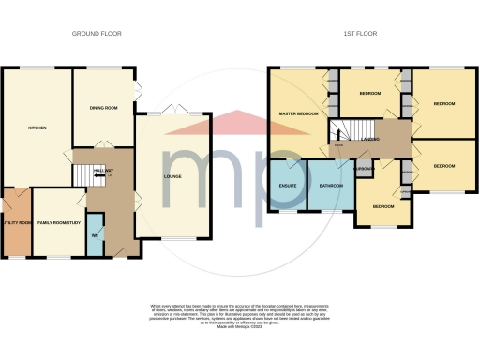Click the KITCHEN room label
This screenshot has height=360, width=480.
coord(37,128)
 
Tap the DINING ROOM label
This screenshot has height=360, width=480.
coord(104,108)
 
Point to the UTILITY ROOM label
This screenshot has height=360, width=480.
coord(16,222)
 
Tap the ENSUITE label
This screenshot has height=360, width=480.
coord(288,186)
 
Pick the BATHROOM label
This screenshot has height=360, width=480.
coord(330,186)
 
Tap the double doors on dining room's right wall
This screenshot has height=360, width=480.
coord(138,92)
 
